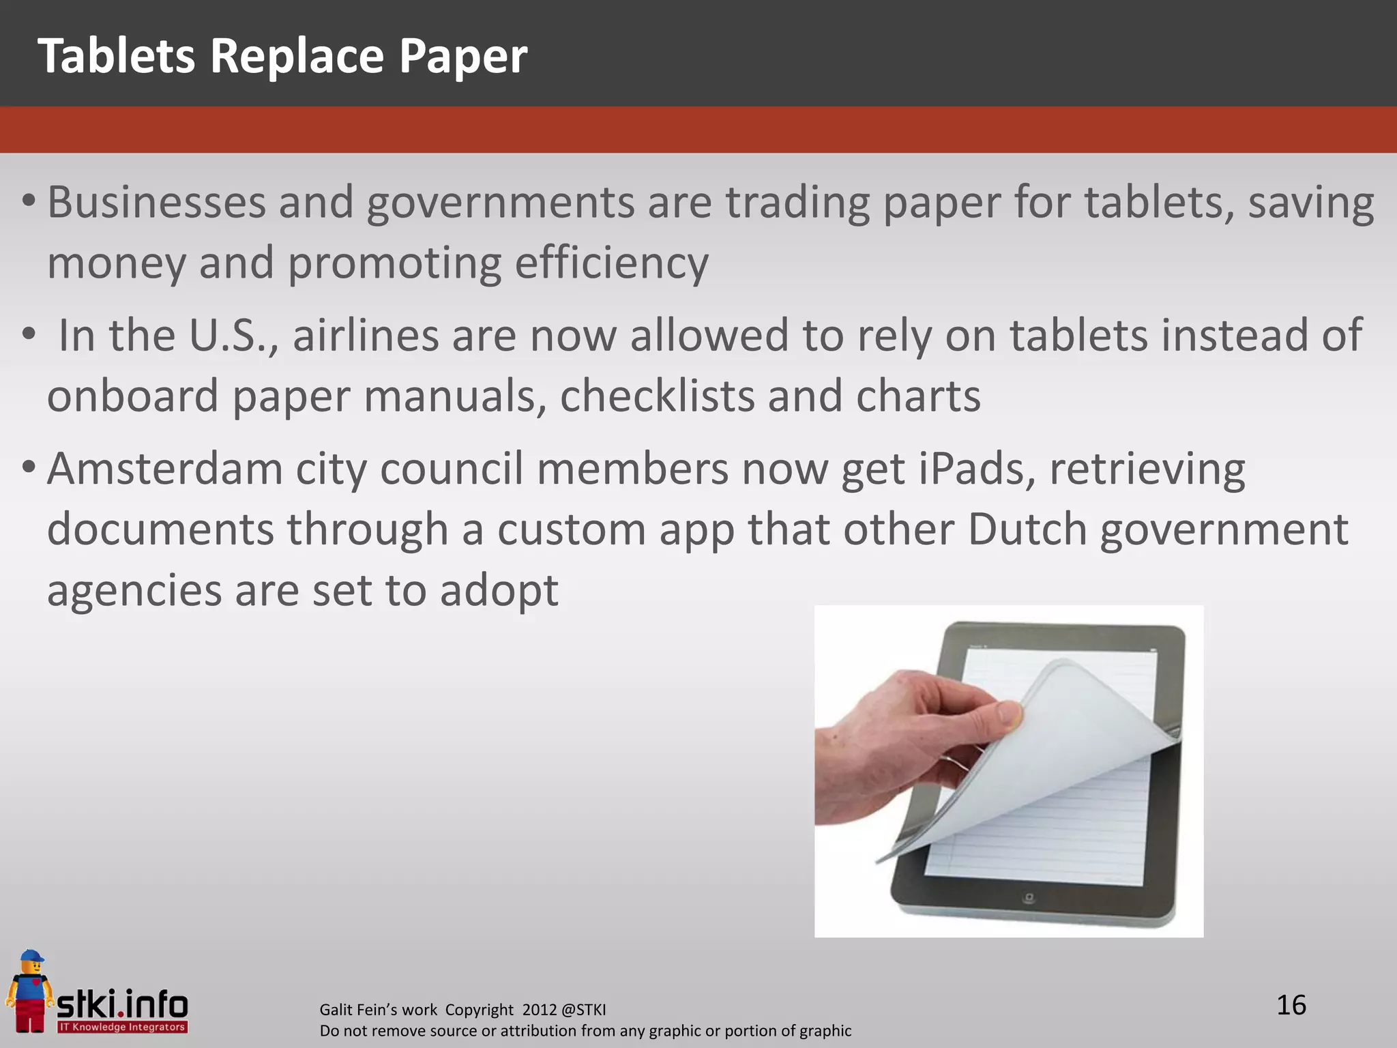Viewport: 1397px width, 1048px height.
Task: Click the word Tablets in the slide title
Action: click(x=116, y=56)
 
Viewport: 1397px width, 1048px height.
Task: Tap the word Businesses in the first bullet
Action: click(x=156, y=203)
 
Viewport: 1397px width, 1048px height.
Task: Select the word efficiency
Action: click(x=611, y=263)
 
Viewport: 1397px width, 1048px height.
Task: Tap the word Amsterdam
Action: click(x=164, y=469)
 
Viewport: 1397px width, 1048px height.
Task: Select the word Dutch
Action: click(x=1027, y=529)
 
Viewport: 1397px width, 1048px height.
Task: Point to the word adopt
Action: click(x=499, y=590)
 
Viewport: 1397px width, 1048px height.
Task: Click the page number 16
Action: click(x=1291, y=1006)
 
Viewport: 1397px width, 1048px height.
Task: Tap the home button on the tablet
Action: click(x=1029, y=898)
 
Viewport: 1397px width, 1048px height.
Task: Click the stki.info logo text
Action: click(x=123, y=1004)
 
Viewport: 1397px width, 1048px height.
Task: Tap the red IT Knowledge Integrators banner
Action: click(x=122, y=1027)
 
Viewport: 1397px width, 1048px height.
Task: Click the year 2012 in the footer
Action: click(x=540, y=1010)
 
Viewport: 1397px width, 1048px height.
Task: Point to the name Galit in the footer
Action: click(x=336, y=1010)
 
